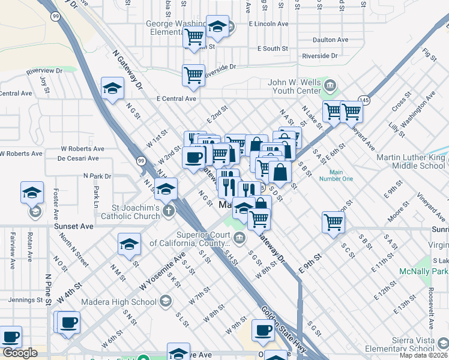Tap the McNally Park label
coord(424,271)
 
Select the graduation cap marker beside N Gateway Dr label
coord(112,89)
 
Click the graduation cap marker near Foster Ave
coord(32,193)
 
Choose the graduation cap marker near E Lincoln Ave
coord(217,27)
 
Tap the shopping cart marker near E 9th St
coord(333,222)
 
